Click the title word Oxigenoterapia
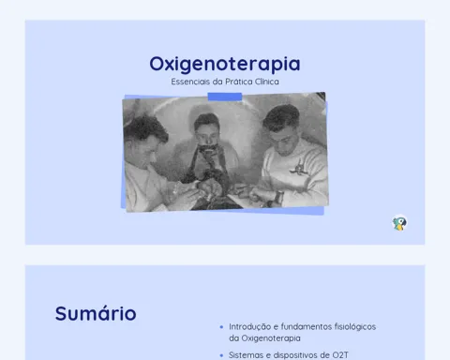pos(225,64)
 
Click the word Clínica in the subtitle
pos(267,82)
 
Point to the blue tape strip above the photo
pos(225,97)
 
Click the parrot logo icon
pos(399,223)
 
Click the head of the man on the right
pos(281,128)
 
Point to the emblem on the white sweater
pos(297,167)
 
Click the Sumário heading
pos(96,313)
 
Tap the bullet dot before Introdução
pos(221,327)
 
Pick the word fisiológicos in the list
pos(355,327)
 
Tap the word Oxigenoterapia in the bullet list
pos(271,338)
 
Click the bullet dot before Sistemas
pos(221,355)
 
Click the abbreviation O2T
pos(340,355)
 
